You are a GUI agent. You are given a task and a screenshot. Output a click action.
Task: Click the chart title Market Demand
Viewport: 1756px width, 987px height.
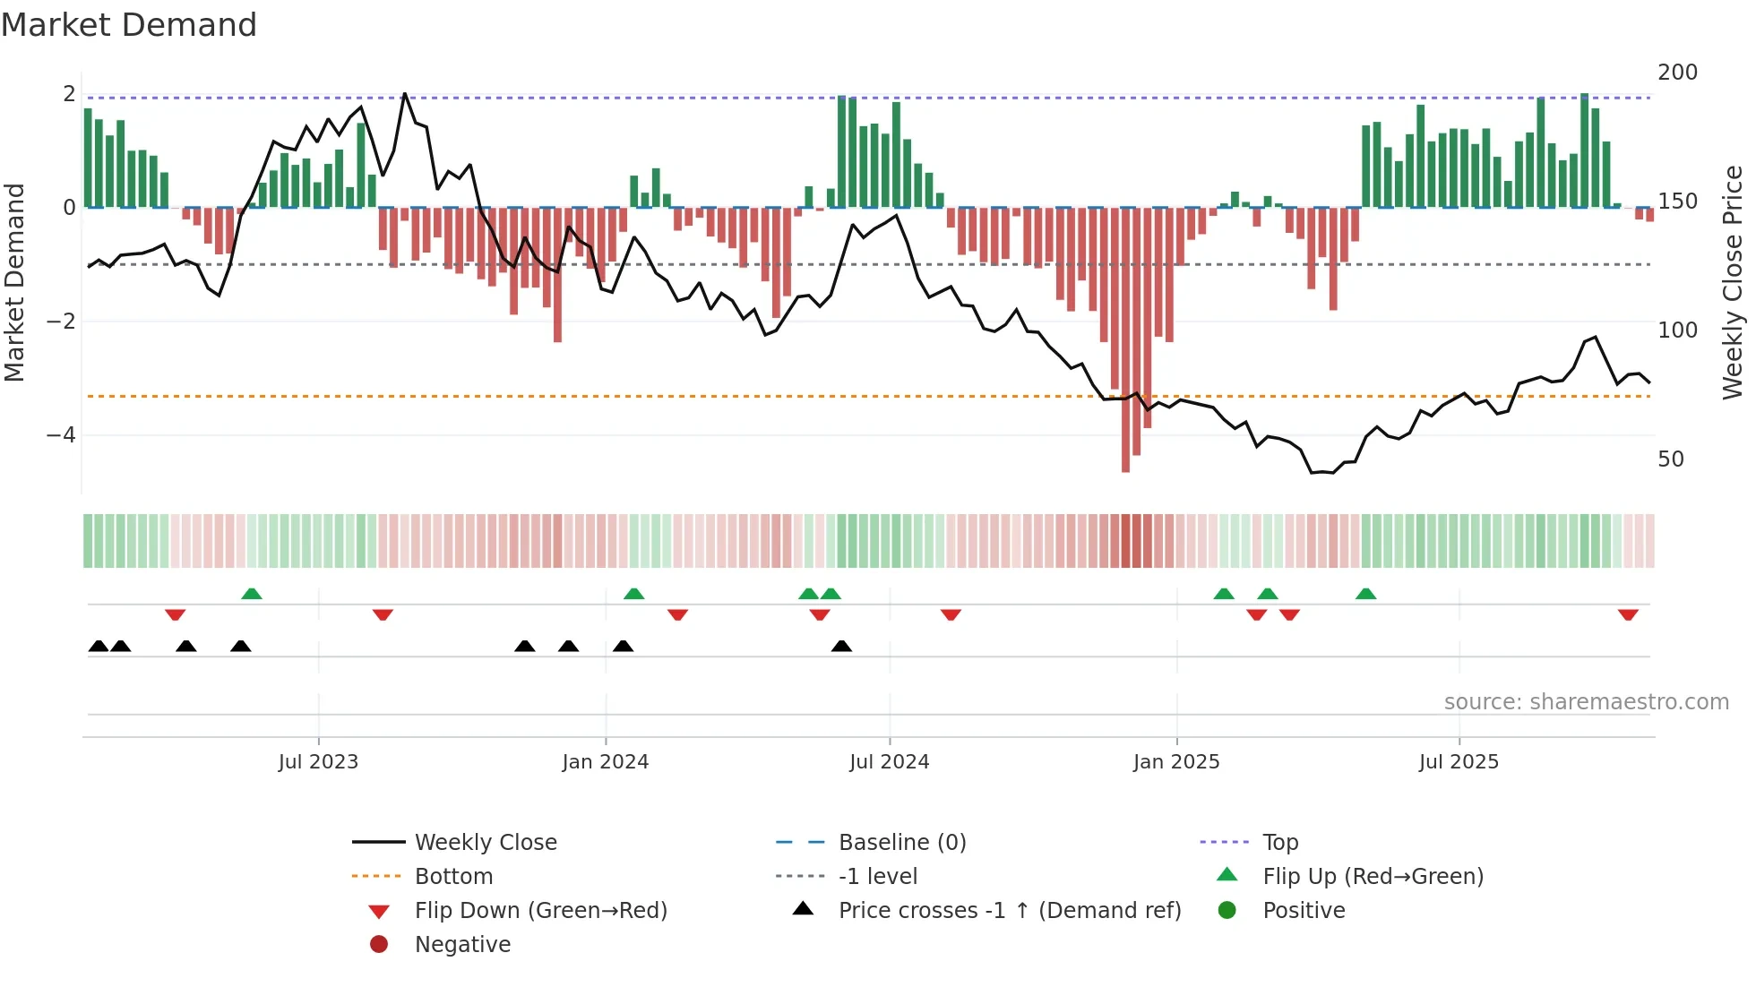click(129, 25)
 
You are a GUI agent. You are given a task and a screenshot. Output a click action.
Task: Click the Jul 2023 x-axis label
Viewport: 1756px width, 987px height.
click(318, 762)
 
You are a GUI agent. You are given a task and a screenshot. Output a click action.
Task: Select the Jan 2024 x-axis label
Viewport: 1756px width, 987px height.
click(605, 762)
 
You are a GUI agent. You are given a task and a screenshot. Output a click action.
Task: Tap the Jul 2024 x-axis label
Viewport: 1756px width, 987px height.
click(889, 762)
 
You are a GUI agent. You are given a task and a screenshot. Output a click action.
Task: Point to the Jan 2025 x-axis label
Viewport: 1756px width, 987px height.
click(1175, 762)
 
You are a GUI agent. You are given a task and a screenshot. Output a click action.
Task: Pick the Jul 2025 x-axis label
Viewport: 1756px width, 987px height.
click(1459, 762)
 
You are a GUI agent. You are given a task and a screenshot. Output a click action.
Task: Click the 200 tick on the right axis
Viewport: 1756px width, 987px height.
click(1677, 73)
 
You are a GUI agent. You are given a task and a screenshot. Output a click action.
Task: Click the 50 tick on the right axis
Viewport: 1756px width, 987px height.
click(1671, 459)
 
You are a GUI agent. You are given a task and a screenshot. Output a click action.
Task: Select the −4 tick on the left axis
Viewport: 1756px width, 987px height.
click(61, 435)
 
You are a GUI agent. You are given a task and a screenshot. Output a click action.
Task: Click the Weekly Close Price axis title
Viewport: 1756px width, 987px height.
click(1733, 282)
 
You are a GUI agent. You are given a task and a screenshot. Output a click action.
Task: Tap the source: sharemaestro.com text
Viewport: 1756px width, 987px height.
click(1586, 702)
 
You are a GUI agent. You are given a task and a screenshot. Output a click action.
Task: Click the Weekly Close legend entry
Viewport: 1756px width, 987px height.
click(485, 843)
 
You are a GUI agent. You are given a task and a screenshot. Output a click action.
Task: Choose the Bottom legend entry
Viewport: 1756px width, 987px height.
click(453, 877)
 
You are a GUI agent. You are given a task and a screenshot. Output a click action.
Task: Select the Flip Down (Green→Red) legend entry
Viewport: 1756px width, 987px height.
click(540, 911)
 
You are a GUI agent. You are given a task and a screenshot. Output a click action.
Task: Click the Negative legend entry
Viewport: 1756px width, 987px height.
click(462, 945)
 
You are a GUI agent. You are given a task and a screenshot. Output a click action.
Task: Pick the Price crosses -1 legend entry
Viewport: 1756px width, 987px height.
click(1009, 911)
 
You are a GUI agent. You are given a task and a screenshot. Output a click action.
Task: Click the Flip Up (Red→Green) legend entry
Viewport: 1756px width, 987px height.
click(1373, 877)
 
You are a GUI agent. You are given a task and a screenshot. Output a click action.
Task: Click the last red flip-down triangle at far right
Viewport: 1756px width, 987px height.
click(1628, 614)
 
